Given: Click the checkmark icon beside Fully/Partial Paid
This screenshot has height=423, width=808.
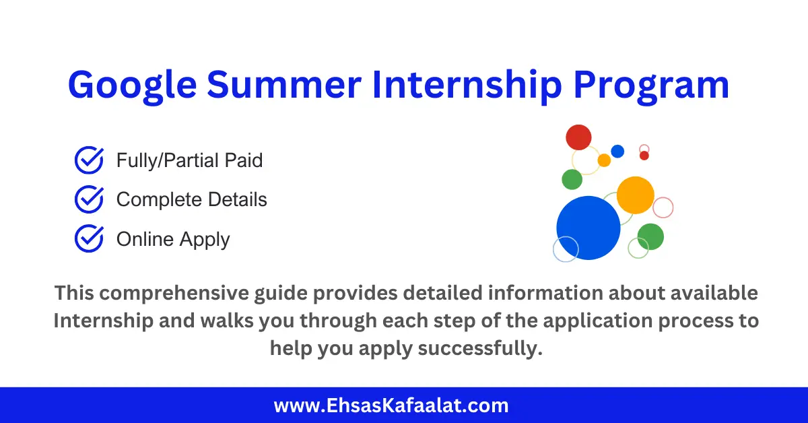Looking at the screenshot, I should tap(88, 160).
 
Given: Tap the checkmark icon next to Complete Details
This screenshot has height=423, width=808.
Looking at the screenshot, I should tap(88, 199).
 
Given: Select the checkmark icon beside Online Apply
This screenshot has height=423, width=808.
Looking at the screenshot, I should tap(88, 238).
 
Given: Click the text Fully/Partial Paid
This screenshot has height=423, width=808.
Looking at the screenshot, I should tap(189, 160).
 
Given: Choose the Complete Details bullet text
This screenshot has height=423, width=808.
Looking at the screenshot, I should tap(191, 199).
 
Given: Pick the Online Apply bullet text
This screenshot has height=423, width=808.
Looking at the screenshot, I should tap(173, 239).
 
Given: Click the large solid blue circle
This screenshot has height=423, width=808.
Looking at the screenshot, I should tap(588, 228).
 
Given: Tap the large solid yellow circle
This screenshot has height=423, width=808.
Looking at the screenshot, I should tap(635, 195).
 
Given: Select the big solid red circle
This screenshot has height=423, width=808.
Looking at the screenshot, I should tap(578, 137).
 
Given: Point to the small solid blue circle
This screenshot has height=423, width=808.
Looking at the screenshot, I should tap(617, 151).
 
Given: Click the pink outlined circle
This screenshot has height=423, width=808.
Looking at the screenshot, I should tap(663, 207).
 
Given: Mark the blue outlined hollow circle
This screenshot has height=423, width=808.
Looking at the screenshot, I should tap(566, 249).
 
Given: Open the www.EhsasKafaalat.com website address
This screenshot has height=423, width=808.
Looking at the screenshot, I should tap(391, 405).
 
